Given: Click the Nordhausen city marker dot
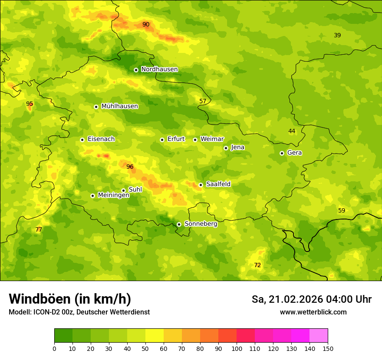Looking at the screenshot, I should (x=136, y=70).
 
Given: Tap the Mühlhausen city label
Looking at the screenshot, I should (x=119, y=106).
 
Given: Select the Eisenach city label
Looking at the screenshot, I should (x=101, y=139).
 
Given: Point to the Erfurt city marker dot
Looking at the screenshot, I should (x=162, y=140).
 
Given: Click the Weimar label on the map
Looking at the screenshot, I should (x=212, y=139).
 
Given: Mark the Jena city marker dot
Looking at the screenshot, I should (x=226, y=148).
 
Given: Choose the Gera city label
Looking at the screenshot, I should (x=294, y=153).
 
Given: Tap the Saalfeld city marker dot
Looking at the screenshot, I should (x=201, y=185).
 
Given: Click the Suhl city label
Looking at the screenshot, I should (x=135, y=190).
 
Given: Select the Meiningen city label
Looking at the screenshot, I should (x=113, y=195).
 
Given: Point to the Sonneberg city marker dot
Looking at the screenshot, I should (x=179, y=224).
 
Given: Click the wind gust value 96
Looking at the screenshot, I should (x=130, y=167).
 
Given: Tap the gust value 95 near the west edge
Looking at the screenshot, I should (x=30, y=104).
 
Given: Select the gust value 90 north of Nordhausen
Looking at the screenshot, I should (x=146, y=24).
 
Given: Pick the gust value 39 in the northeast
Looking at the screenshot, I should (x=337, y=35).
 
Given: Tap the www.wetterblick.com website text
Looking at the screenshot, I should (x=313, y=312).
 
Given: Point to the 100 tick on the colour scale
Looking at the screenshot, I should (x=237, y=348).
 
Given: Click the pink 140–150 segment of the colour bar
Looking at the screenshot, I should (x=319, y=336).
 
